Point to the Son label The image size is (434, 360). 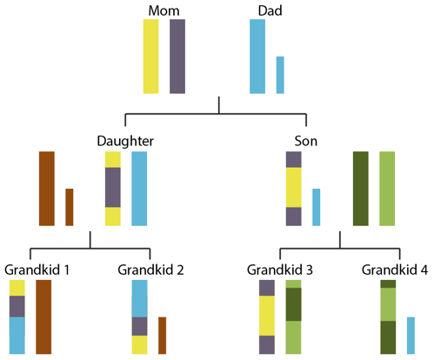tap(307, 140)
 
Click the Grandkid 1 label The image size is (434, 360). tap(37, 269)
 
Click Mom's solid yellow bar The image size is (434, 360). tap(151, 57)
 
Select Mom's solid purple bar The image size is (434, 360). tap(177, 57)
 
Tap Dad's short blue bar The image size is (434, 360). tap(280, 75)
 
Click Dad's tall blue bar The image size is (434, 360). tap(257, 57)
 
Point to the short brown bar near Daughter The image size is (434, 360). tap(70, 207)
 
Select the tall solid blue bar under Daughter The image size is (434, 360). tap(139, 189)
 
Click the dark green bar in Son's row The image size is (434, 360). tap(360, 189)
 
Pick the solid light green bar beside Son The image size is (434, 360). tap(387, 189)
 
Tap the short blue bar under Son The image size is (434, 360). tap(317, 207)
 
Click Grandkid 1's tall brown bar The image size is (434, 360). tap(43, 317)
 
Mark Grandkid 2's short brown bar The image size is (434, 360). tap(162, 335)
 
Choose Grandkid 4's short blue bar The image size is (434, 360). tap(411, 335)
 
